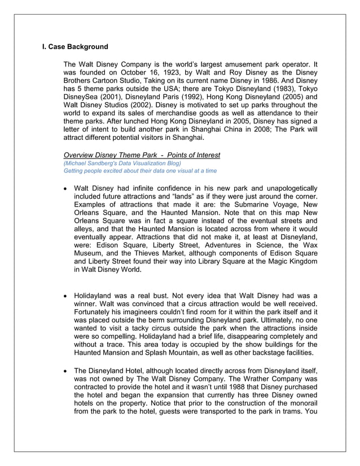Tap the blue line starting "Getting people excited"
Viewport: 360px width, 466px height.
pos(140,170)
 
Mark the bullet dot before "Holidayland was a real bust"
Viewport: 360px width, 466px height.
pos(67,295)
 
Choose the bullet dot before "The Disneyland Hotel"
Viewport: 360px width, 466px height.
pos(67,370)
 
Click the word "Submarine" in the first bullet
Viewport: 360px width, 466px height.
pos(248,204)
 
